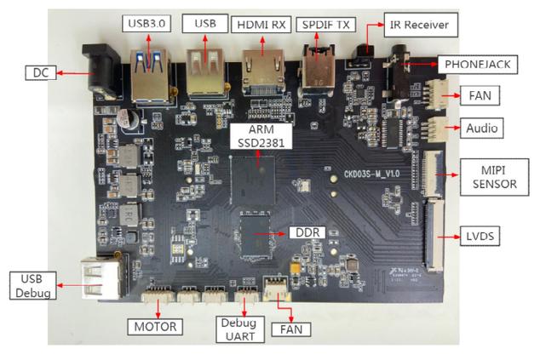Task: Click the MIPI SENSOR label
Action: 494,174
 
